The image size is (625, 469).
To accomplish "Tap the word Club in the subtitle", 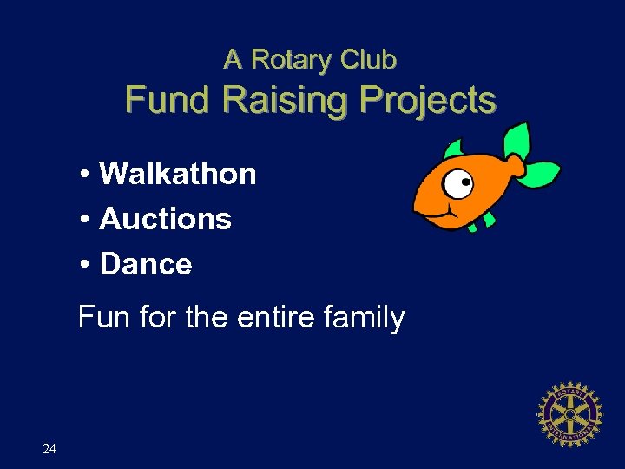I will (x=368, y=60).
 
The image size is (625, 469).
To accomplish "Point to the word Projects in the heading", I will (x=429, y=102).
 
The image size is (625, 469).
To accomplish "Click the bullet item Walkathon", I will (x=178, y=174).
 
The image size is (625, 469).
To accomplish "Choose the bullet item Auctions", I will (x=165, y=219).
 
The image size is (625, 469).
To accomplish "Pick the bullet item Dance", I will (x=146, y=264).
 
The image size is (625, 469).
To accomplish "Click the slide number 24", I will (x=49, y=449).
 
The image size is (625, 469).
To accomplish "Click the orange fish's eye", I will (x=460, y=183).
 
